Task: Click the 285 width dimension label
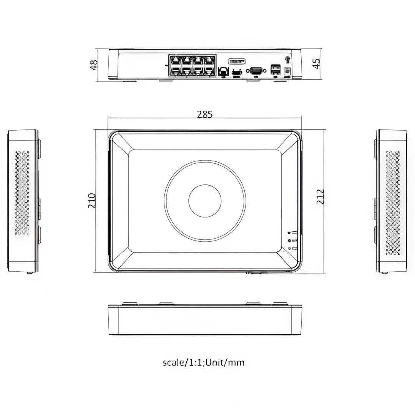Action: (204, 115)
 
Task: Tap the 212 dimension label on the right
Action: (320, 196)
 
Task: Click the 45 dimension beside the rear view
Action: (316, 63)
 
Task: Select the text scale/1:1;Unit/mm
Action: (203, 362)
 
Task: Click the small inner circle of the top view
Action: (205, 201)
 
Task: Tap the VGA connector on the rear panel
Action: (256, 70)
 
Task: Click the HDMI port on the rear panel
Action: (237, 71)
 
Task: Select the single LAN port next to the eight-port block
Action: (223, 71)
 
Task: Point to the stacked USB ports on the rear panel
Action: (275, 69)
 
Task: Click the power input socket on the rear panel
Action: (286, 71)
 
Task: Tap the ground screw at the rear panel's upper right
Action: (287, 59)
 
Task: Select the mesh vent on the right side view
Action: (393, 203)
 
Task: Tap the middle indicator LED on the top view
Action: (289, 241)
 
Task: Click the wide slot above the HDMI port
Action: (237, 61)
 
